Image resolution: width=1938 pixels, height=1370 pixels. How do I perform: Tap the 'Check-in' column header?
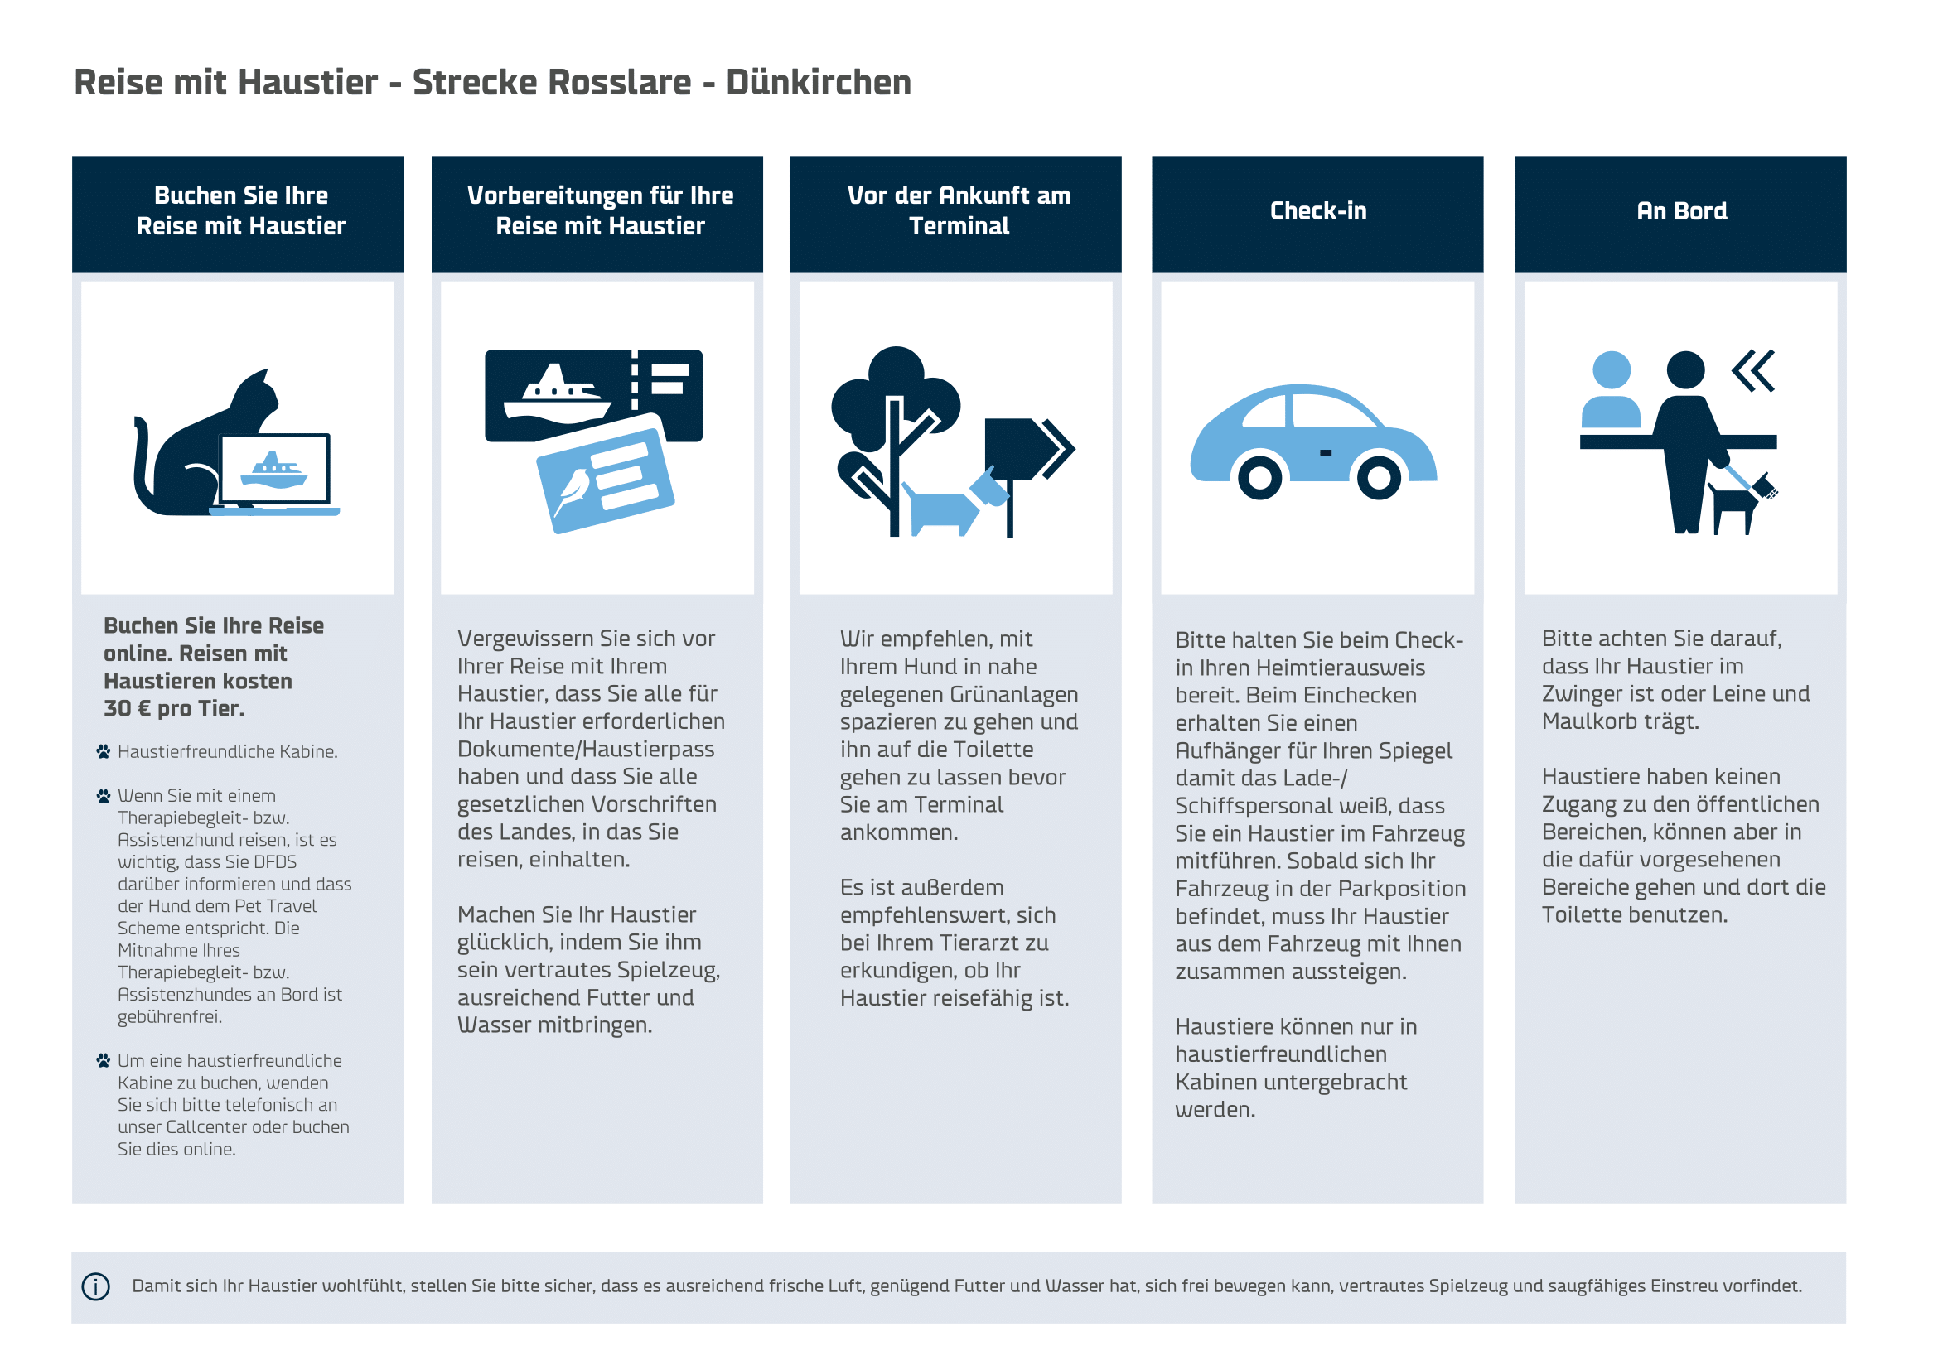tap(1317, 211)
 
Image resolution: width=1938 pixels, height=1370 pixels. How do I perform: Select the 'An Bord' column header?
tap(1680, 211)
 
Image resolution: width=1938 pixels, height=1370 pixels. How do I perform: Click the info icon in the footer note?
tap(95, 1286)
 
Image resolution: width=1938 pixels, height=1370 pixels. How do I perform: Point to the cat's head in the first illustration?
tap(256, 397)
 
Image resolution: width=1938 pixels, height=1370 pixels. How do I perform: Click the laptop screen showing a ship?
tap(274, 469)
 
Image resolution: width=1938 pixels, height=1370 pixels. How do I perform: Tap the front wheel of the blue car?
tap(1379, 477)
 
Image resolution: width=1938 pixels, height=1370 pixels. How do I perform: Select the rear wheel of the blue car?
tap(1259, 477)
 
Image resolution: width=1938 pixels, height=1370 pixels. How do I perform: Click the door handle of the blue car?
tap(1326, 453)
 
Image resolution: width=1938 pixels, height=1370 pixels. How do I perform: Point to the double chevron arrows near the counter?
tap(1753, 370)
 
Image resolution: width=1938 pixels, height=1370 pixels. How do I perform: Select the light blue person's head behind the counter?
tap(1611, 369)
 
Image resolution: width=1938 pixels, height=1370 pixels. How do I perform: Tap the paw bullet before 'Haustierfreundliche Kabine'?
tap(103, 751)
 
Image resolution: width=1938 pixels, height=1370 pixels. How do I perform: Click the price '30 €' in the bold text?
tap(127, 709)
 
